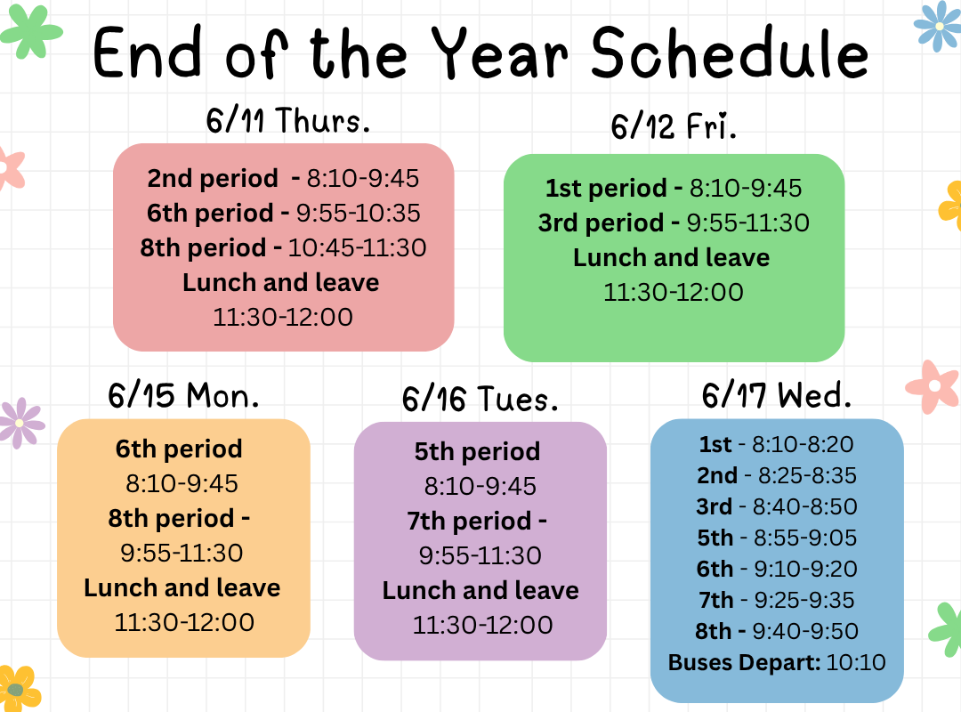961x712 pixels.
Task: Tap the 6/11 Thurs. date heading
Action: click(288, 119)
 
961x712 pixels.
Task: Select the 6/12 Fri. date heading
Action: click(674, 125)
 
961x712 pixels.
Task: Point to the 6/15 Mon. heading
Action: click(183, 395)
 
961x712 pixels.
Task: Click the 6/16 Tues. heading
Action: click(480, 399)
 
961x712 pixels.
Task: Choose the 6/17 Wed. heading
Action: click(777, 394)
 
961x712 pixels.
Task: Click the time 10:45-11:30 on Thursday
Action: click(358, 247)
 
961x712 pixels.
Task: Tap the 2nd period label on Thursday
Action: click(213, 179)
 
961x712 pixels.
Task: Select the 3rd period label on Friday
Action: click(601, 222)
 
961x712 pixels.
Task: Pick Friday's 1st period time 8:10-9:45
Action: click(746, 189)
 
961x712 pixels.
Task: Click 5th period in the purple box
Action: click(478, 452)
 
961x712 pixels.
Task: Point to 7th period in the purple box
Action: click(470, 522)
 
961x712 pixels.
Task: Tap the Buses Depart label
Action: click(744, 662)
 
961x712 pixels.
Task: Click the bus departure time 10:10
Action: click(856, 662)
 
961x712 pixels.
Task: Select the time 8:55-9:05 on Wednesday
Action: click(805, 538)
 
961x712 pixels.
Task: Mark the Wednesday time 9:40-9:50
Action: click(805, 631)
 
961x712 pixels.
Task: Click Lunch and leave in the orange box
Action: click(182, 587)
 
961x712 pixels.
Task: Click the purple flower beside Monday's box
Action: click(20, 423)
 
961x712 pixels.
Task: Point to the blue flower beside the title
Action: click(939, 26)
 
